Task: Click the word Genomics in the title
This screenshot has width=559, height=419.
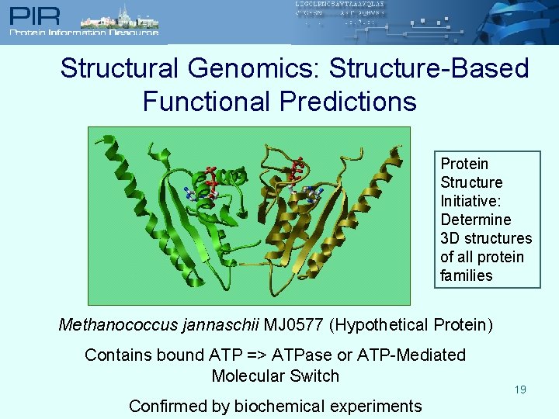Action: [x=254, y=68]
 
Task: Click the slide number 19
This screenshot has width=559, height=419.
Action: [x=520, y=390]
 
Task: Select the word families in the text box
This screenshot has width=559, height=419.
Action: [x=466, y=275]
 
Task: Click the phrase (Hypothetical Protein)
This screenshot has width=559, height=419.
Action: [x=411, y=324]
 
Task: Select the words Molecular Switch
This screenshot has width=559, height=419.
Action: [x=276, y=376]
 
